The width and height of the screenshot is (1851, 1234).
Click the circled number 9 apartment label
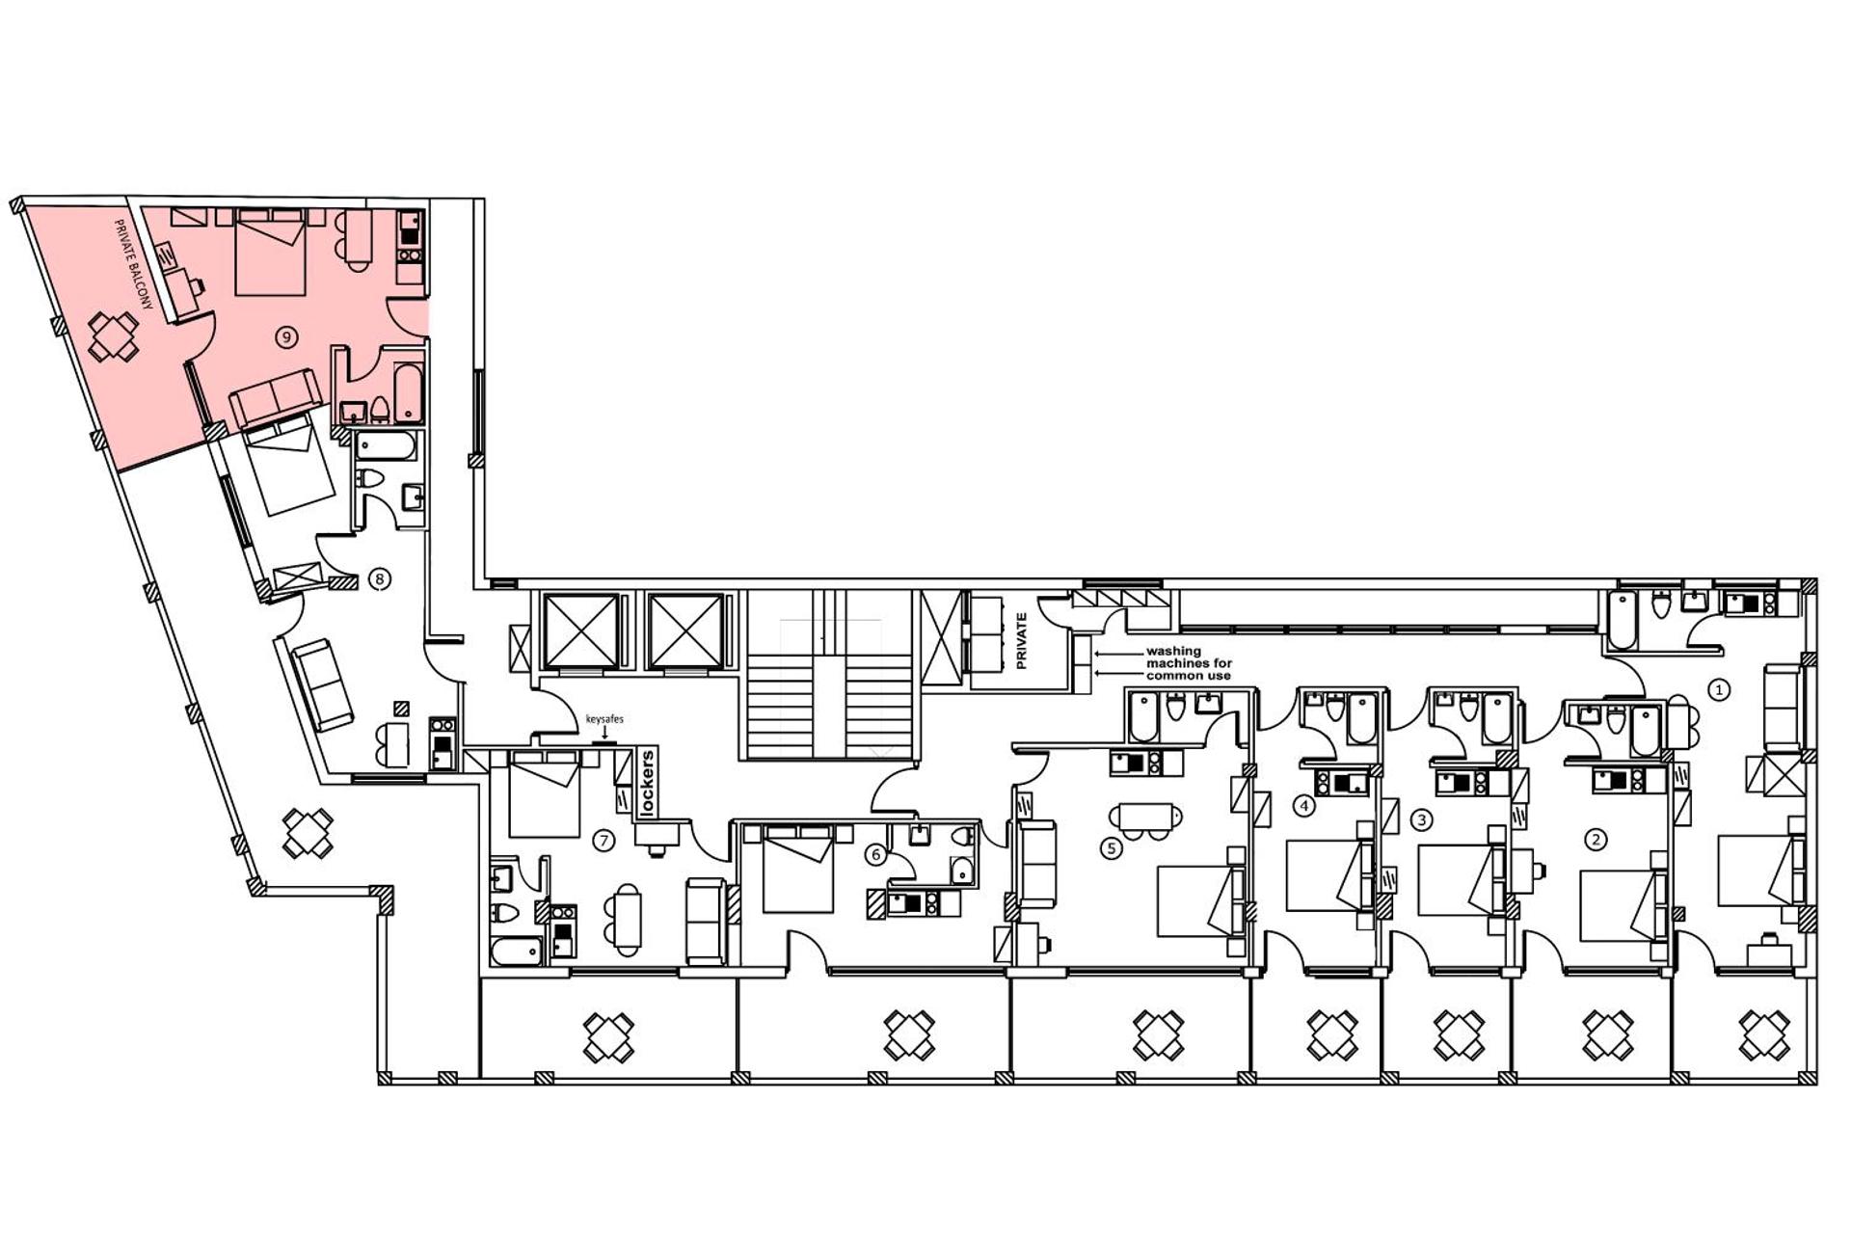click(285, 336)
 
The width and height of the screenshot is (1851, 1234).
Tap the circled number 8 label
click(380, 579)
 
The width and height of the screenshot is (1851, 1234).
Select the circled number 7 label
click(604, 841)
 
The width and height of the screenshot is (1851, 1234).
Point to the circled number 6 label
click(875, 854)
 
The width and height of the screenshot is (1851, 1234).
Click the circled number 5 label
click(1112, 848)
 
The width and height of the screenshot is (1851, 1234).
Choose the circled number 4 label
click(1304, 805)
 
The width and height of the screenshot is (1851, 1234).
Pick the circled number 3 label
click(1421, 820)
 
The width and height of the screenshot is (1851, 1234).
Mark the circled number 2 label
click(1596, 840)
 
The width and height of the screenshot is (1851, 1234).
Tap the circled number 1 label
click(1719, 689)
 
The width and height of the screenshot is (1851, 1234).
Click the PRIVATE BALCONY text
click(134, 264)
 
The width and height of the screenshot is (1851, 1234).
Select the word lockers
click(648, 784)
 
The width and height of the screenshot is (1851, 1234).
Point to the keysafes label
click(604, 719)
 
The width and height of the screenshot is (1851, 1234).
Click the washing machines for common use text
click(1188, 663)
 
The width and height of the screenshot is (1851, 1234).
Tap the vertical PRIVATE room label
click(1022, 641)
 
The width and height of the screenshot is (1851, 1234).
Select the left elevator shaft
click(581, 631)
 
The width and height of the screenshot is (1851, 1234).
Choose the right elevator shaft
click(685, 631)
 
